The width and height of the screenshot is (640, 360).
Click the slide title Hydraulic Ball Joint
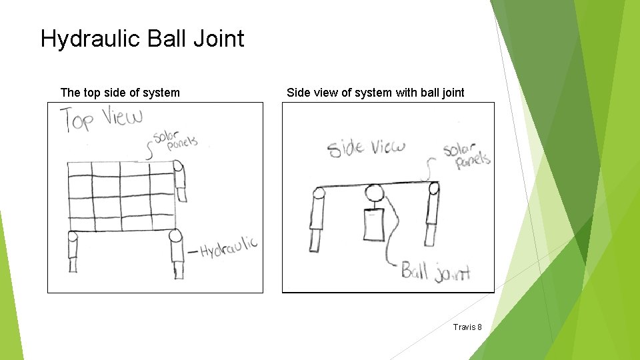pyautogui.click(x=142, y=39)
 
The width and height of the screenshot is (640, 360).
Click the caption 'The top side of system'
pyautogui.click(x=120, y=93)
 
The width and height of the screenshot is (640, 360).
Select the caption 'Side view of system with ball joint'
pyautogui.click(x=375, y=93)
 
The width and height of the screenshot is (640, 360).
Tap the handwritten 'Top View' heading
pyautogui.click(x=102, y=119)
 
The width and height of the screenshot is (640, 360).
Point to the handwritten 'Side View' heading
pyautogui.click(x=366, y=147)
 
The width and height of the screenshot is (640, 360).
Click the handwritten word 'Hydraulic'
pyautogui.click(x=229, y=248)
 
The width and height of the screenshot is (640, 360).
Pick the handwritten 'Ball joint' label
pyautogui.click(x=435, y=271)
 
